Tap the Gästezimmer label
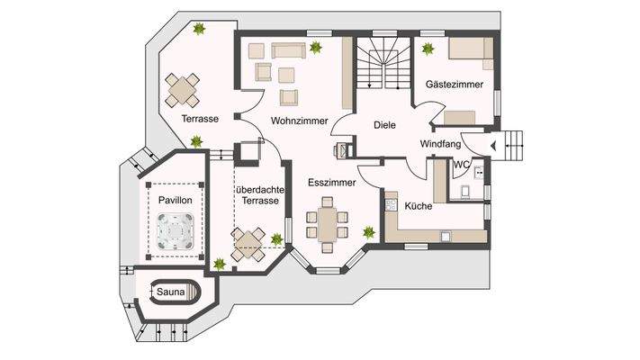click(x=455, y=84)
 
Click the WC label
click(x=461, y=164)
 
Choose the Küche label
click(x=419, y=206)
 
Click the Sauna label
click(x=169, y=292)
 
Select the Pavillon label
click(x=175, y=199)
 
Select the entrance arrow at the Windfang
click(x=492, y=145)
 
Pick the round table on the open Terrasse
click(x=184, y=88)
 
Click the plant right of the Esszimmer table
click(x=368, y=233)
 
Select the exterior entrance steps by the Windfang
click(x=514, y=145)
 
